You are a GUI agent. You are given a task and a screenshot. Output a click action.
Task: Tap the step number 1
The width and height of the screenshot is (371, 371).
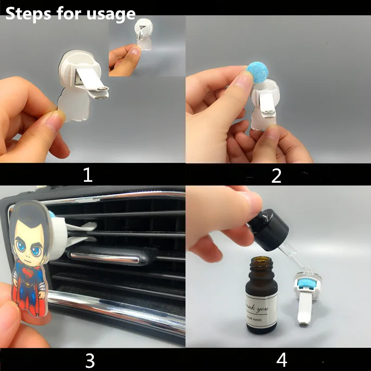(87, 175)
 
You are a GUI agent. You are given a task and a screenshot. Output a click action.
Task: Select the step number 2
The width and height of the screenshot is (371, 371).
(276, 175)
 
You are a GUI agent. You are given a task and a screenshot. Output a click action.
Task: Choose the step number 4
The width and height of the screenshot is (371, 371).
(281, 359)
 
